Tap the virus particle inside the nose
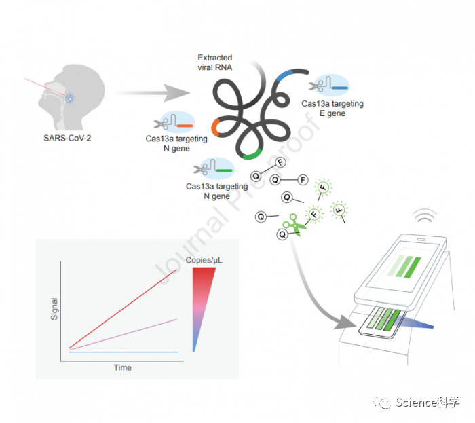pyautogui.click(x=69, y=99)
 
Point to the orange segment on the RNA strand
pyautogui.click(x=215, y=127)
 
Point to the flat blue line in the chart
pyautogui.click(x=122, y=352)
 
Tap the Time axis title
pyautogui.click(x=122, y=367)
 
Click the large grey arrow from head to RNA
pyautogui.click(x=153, y=91)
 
